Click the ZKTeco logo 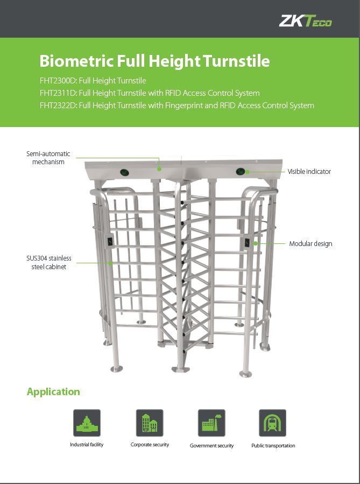(306, 21)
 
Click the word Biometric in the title (76, 60)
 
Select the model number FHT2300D (58, 81)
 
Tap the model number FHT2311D (58, 93)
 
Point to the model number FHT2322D (58, 106)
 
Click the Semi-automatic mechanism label (48, 158)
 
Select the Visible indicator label (309, 172)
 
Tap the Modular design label (310, 243)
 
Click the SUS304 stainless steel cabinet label (49, 262)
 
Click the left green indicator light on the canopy (124, 172)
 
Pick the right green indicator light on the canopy (241, 172)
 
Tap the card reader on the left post (110, 241)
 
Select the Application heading (53, 391)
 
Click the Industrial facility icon (87, 423)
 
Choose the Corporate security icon (150, 423)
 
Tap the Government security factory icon (211, 423)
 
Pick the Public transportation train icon (272, 423)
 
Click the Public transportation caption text (273, 445)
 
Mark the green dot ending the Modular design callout (256, 243)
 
